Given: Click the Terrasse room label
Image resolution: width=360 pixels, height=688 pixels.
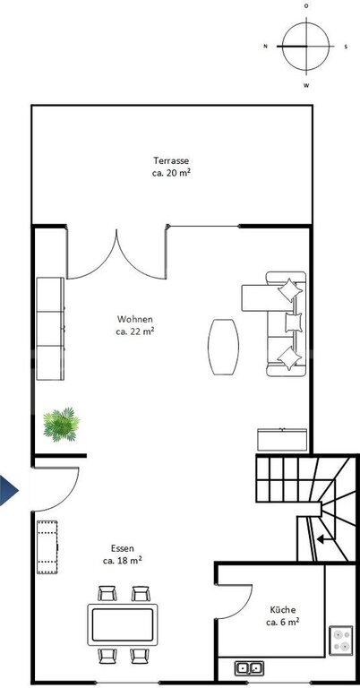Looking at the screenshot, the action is click(x=171, y=160).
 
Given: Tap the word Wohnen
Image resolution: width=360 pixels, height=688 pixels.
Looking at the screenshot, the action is click(x=135, y=319).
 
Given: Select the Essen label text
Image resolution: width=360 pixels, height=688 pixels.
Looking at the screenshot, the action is click(x=123, y=548).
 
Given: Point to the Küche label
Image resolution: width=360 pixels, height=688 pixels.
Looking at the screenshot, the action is click(x=283, y=610).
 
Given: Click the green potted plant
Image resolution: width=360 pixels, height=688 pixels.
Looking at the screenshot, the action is click(x=61, y=425).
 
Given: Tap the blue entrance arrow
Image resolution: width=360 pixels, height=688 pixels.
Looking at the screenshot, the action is click(x=9, y=490).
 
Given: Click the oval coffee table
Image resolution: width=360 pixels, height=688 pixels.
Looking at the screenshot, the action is click(x=223, y=347).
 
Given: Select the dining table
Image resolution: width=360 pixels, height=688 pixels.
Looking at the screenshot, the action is click(x=123, y=624).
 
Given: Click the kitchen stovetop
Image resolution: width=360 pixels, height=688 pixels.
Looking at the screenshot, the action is click(x=340, y=641).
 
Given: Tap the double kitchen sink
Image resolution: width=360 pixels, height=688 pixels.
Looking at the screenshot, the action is click(x=250, y=668).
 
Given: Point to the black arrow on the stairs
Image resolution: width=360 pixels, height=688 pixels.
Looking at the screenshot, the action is click(x=323, y=538).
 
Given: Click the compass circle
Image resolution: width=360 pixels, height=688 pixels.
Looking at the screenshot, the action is click(x=305, y=46).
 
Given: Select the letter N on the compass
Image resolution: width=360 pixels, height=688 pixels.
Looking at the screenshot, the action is click(x=265, y=46).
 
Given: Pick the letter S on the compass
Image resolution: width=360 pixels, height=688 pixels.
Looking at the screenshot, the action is click(x=346, y=47).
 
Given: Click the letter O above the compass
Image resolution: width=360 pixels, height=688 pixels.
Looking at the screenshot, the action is click(x=306, y=6).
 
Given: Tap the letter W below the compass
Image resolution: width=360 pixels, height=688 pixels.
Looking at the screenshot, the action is click(x=306, y=86).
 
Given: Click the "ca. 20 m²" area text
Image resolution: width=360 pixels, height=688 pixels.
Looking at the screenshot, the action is click(x=171, y=172).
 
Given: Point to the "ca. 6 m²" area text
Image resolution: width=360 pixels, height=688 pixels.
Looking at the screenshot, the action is click(x=283, y=622).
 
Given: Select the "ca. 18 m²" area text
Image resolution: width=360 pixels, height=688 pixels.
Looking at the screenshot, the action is click(x=123, y=560).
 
